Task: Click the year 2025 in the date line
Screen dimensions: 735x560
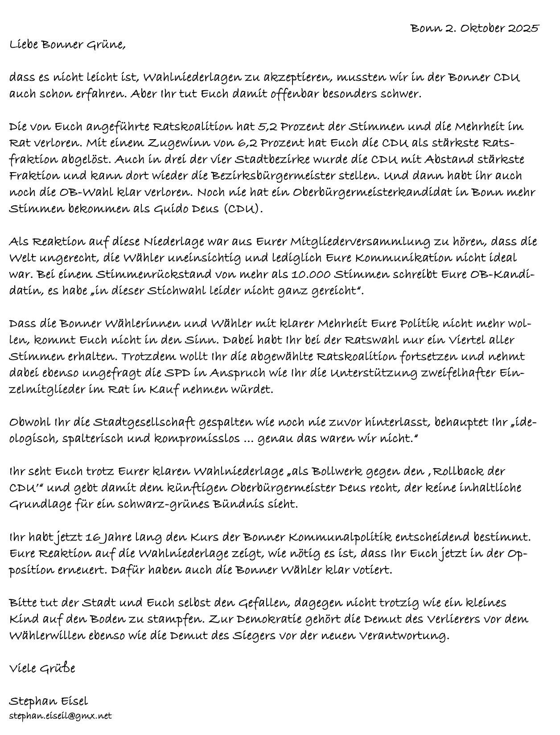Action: click(x=523, y=29)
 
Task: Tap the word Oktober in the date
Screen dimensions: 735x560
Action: click(x=481, y=29)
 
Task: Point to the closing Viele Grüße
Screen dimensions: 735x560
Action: click(x=42, y=669)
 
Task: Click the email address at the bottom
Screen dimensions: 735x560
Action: click(x=60, y=716)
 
